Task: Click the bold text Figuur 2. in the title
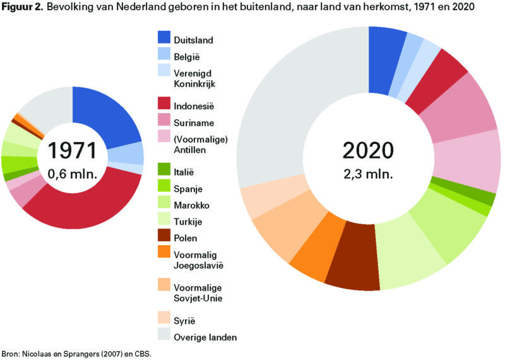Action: [23, 8]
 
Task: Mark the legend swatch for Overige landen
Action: [165, 337]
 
